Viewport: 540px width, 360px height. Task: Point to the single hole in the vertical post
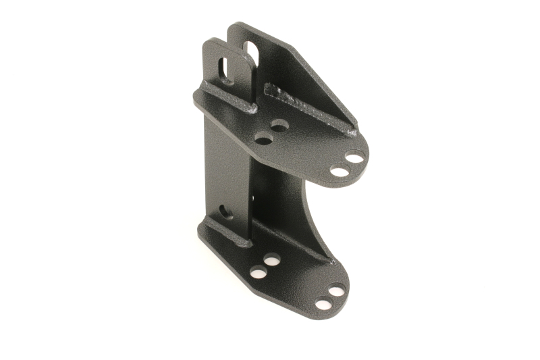[224, 212]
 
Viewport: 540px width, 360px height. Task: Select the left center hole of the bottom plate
[259, 272]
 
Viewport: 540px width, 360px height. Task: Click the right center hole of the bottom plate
[272, 259]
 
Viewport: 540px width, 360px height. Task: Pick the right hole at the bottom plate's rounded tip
[337, 290]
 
